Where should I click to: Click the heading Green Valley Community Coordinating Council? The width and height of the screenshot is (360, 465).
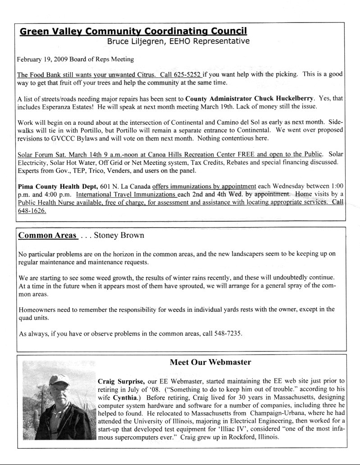[133, 32]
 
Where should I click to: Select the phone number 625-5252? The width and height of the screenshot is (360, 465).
[188, 74]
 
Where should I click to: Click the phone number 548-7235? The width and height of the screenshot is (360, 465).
[225, 334]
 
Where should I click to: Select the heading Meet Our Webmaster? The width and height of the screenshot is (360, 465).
[210, 362]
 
